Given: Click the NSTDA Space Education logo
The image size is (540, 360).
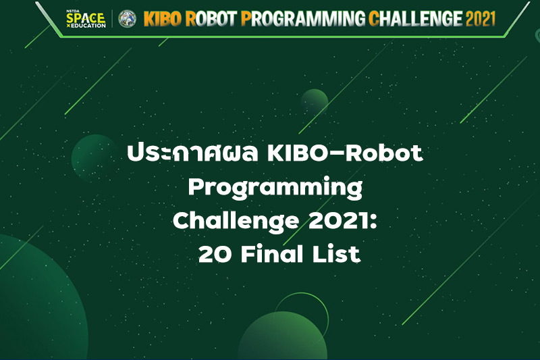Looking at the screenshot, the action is (86, 19).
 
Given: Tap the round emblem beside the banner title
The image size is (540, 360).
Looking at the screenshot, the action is (127, 19).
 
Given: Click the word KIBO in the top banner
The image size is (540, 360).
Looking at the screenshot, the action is (163, 19).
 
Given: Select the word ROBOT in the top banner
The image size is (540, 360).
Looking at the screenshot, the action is (211, 19).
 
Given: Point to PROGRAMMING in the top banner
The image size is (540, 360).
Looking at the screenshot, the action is (303, 19).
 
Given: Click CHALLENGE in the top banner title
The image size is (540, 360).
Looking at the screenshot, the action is (416, 19).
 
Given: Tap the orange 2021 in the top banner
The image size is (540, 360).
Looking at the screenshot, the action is (481, 19).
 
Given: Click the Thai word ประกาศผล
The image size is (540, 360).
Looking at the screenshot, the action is (192, 153).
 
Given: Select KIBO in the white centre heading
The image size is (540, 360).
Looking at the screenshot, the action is (299, 153).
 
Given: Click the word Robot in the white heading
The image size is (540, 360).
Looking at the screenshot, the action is (384, 153).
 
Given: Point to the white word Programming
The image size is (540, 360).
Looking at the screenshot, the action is (275, 188).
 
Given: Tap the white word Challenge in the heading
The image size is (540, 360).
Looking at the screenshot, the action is (236, 221).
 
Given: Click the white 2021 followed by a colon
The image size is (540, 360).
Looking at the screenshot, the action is (343, 221).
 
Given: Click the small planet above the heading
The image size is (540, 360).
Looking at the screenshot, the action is (314, 102).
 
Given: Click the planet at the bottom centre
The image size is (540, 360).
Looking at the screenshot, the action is (282, 335).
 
